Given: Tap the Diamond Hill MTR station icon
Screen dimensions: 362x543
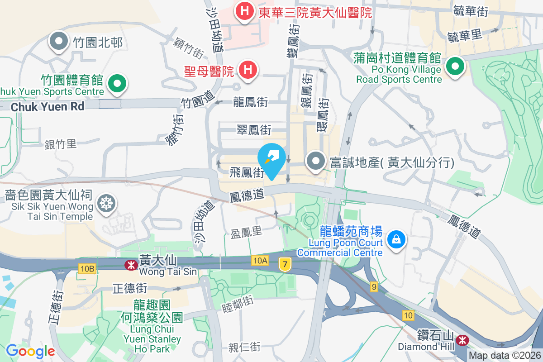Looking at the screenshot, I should (462, 339).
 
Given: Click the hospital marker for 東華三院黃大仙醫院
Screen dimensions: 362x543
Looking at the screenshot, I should (244, 10).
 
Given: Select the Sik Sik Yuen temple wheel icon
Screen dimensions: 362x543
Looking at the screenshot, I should (108, 203).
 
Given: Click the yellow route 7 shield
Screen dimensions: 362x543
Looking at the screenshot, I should (284, 264).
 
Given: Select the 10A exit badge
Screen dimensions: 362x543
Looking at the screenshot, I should (261, 260).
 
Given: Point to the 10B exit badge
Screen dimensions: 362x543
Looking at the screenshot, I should (87, 269).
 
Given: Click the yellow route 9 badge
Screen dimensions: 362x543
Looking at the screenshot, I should (373, 286).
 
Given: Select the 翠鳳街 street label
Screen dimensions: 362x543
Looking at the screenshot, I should (254, 130).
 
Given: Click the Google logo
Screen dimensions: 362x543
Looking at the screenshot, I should (30, 351).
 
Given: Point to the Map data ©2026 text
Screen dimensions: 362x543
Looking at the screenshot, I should (504, 355).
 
